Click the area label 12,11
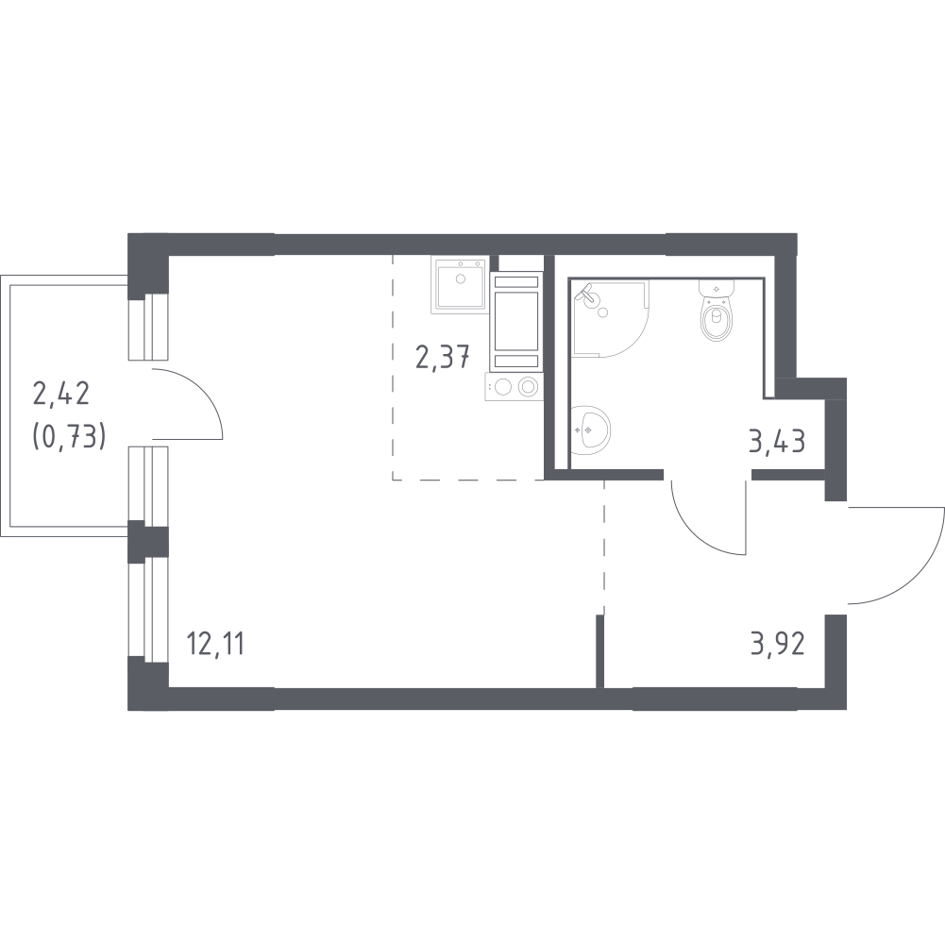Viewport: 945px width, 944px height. point(215,645)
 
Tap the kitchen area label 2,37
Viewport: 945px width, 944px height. point(443,357)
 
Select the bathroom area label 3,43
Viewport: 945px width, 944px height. point(777,442)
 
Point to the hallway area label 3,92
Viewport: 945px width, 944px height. point(778,645)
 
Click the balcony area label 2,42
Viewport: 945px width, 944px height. point(60,395)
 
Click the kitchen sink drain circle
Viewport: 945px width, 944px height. point(461,278)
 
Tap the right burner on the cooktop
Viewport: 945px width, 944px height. point(528,386)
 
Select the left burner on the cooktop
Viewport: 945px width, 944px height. point(504,386)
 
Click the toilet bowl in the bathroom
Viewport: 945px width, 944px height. point(716,318)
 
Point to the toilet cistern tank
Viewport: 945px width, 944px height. point(716,288)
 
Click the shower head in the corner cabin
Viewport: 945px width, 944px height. point(585,292)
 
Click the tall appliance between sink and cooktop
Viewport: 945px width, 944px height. point(515,322)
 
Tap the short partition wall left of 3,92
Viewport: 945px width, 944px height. point(599,651)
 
